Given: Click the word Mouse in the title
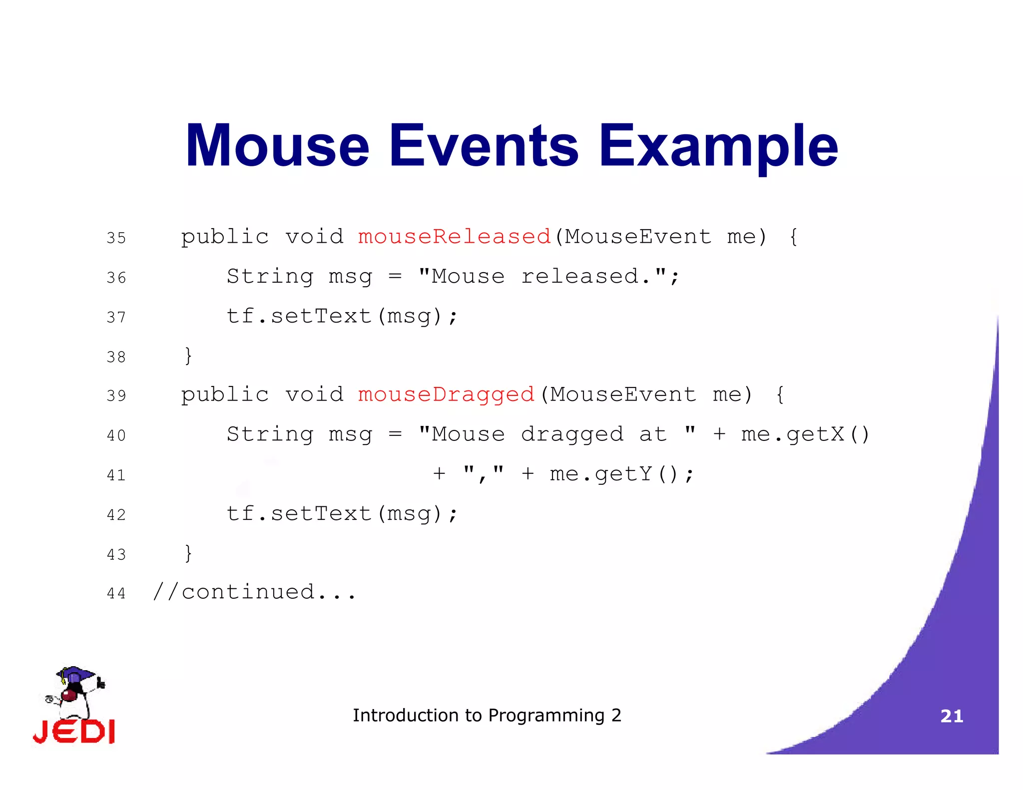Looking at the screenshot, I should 277,146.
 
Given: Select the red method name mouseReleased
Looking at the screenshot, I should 454,237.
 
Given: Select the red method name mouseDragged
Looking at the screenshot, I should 446,395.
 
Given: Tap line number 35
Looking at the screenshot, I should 116,238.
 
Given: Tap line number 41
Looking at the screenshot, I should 116,475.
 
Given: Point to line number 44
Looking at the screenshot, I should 116,593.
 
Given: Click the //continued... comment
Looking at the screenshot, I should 255,592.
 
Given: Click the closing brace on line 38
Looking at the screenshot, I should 188,356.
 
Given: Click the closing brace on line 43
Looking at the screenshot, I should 188,553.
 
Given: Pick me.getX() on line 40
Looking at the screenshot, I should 805,434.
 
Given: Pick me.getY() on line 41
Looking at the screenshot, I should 621,474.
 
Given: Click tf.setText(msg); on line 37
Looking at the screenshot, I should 342,316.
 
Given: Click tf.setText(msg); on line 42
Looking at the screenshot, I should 342,514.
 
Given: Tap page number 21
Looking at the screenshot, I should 952,716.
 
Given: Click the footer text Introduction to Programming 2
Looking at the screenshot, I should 487,715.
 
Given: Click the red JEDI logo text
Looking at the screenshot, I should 74,732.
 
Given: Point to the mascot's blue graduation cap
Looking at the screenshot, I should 75,674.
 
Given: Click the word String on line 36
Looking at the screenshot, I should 270,276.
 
